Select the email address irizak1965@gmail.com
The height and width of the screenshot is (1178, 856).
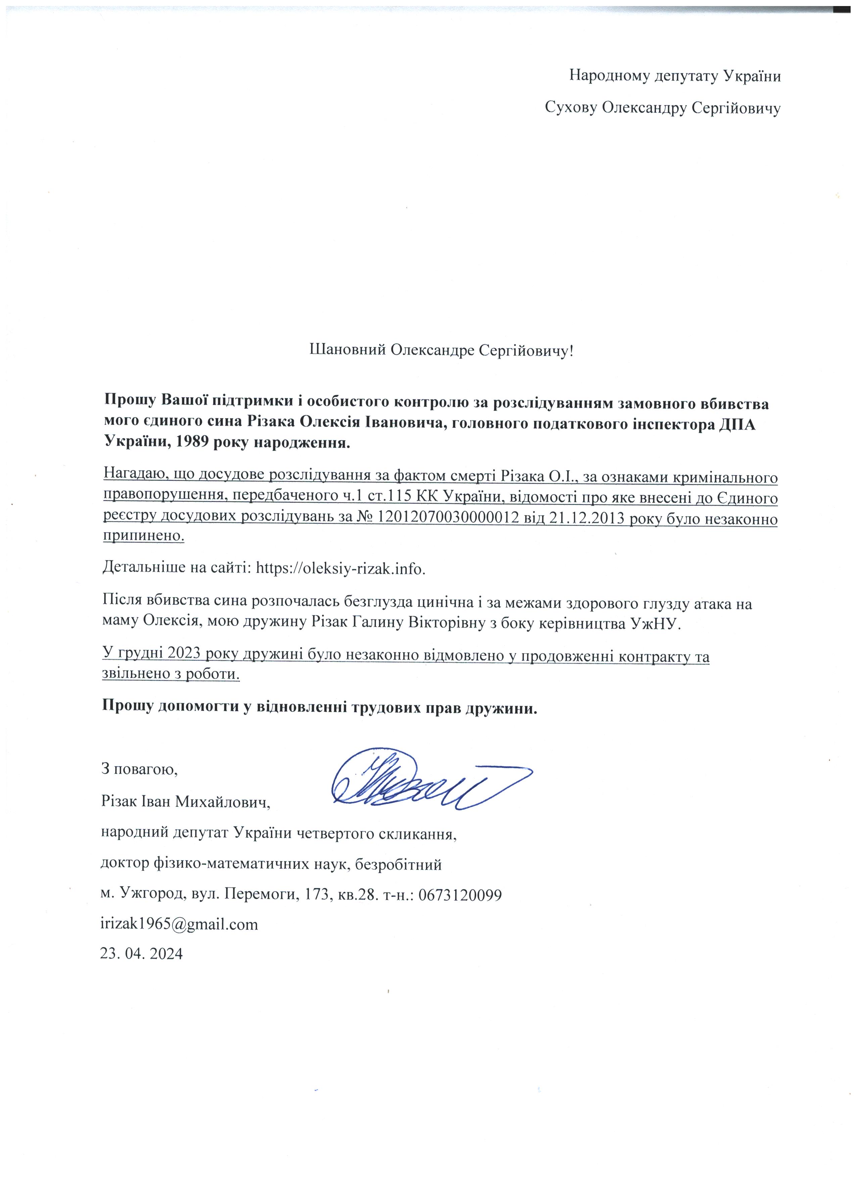179,924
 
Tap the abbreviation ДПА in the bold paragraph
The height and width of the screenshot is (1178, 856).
737,423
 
